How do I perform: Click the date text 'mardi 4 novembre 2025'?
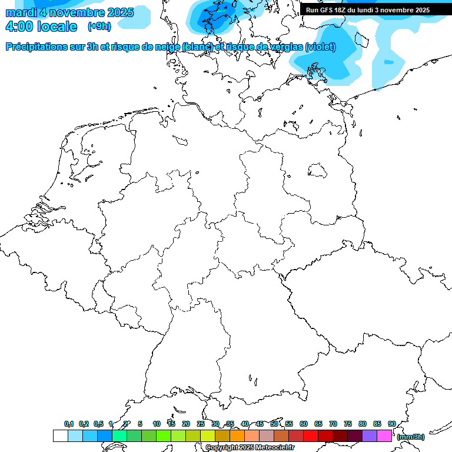69,12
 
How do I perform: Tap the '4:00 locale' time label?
41,26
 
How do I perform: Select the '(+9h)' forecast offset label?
99,26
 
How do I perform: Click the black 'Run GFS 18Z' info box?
368,10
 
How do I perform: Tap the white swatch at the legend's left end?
60,436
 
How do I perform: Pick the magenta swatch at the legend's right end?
384,436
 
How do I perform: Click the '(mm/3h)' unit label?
411,437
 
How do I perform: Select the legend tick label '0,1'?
69,424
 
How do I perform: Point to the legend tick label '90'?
392,424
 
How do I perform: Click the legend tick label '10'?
156,424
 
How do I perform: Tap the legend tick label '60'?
304,424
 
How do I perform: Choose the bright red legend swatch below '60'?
311,436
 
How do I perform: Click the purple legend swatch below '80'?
370,436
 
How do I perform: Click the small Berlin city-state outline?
318,170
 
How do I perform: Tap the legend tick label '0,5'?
98,424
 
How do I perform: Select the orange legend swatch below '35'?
237,436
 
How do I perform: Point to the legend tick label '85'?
377,424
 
